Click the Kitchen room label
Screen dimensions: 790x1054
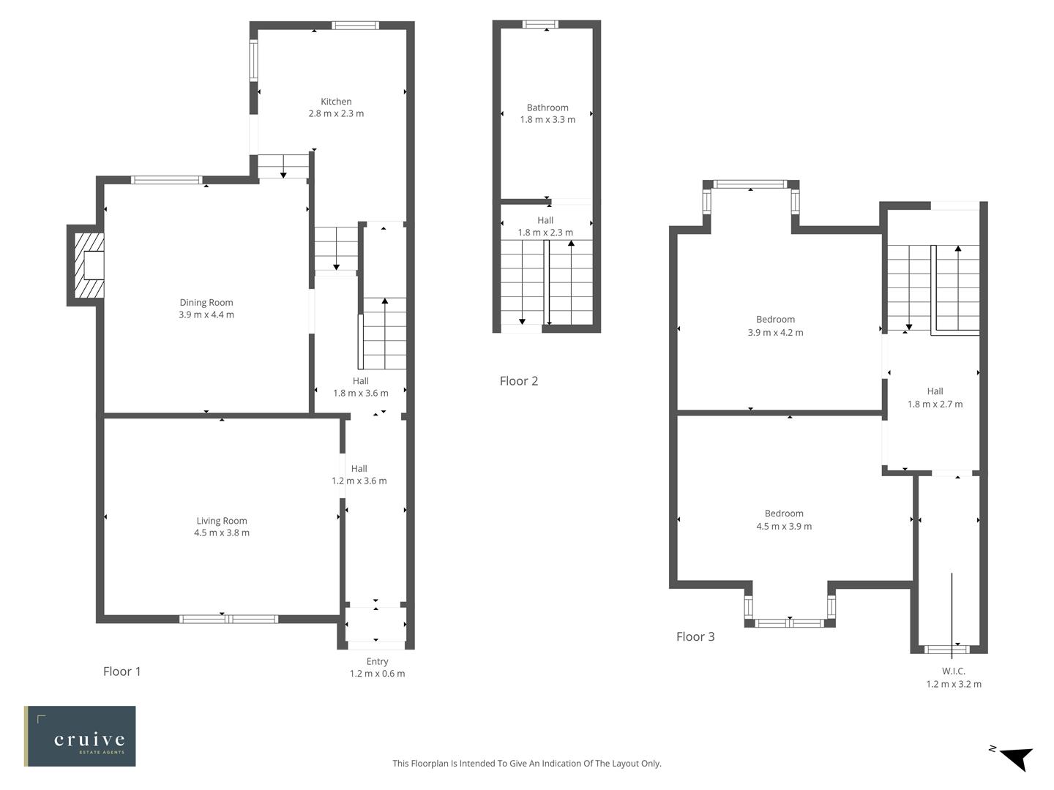336,102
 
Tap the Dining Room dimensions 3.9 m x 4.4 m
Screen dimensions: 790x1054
206,315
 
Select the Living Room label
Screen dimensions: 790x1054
222,521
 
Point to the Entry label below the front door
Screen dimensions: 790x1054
377,661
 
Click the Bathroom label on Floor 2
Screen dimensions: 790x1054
547,108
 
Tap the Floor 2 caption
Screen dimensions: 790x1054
518,381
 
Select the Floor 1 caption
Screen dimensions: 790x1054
122,671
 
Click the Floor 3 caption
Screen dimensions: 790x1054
695,636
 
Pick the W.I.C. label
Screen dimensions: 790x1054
953,671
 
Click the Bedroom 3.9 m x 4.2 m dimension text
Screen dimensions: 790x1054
775,332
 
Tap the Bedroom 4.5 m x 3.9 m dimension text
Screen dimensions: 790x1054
784,526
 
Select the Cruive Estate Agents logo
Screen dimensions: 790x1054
80,736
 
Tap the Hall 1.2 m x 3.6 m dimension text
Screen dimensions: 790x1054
359,481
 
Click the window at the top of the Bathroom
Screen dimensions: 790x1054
540,24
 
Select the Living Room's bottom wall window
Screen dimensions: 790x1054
229,619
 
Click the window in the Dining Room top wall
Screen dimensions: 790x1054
166,180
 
